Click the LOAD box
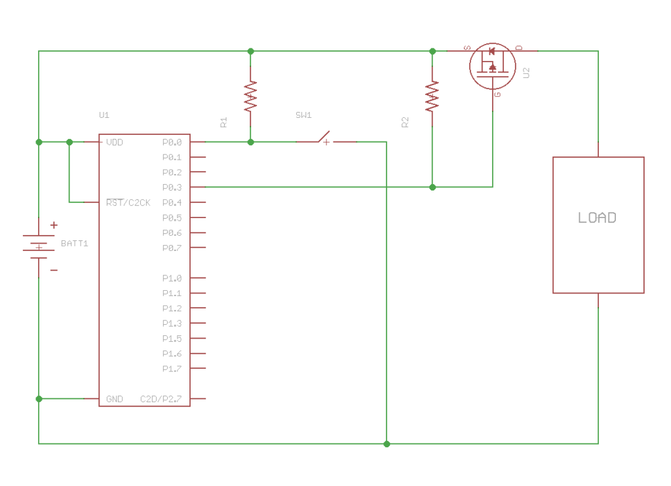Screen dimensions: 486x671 [598, 224]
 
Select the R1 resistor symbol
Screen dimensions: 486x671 [250, 96]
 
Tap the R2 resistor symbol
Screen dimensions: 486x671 [432, 96]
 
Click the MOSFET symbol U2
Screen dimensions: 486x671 [491, 66]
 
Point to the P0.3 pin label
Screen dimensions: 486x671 [172, 187]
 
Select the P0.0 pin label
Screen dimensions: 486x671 [172, 142]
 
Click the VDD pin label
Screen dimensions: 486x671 [115, 142]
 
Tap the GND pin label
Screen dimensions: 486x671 [115, 399]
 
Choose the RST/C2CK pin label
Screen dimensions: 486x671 [128, 202]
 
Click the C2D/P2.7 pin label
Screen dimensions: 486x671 [161, 399]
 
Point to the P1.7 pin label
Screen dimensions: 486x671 [172, 369]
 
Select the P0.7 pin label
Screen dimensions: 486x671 [172, 248]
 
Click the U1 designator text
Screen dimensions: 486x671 [104, 115]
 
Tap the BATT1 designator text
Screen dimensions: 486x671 [75, 244]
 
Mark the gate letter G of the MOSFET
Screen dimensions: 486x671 [498, 94]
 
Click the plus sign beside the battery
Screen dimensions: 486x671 [54, 225]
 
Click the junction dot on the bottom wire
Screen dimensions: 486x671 [387, 444]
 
